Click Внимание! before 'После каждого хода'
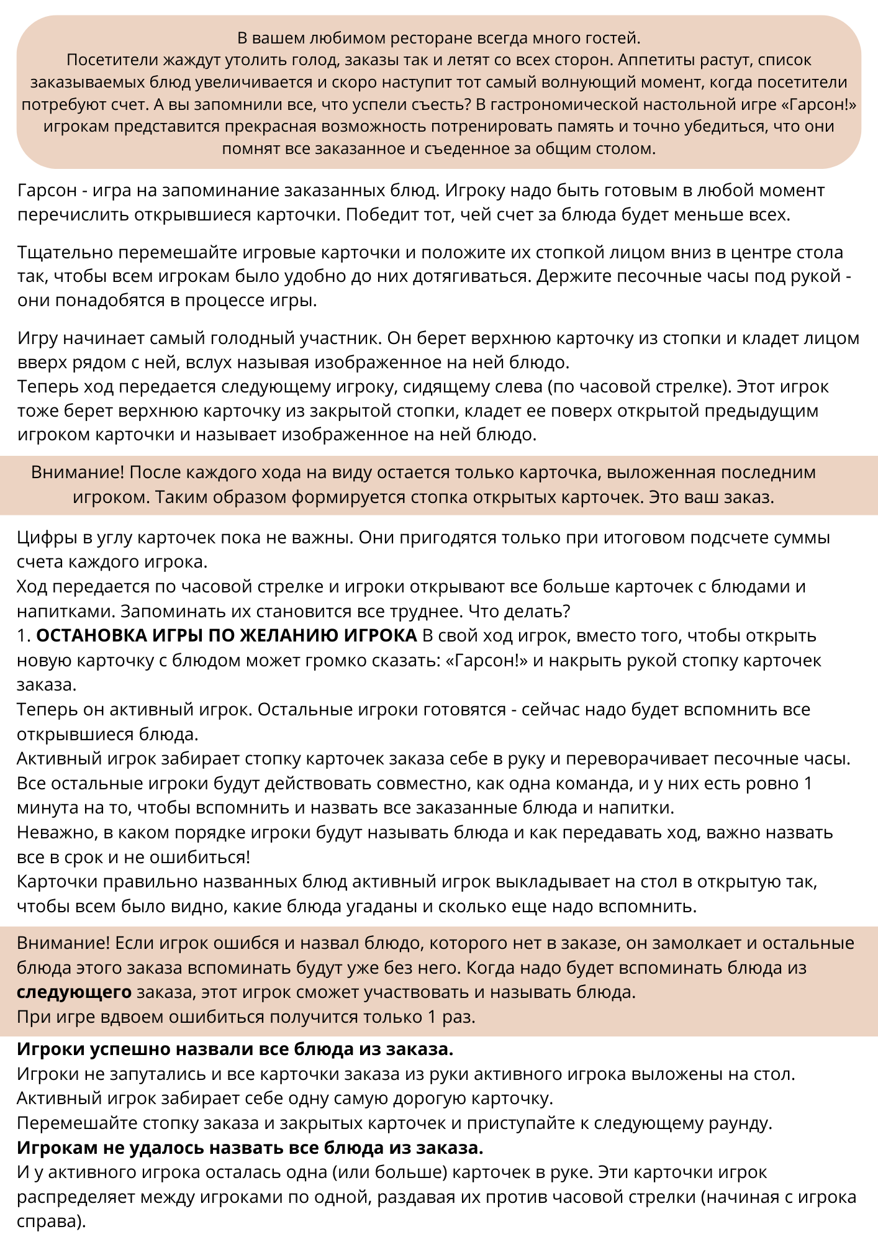tap(78, 473)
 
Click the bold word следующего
tap(74, 992)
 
